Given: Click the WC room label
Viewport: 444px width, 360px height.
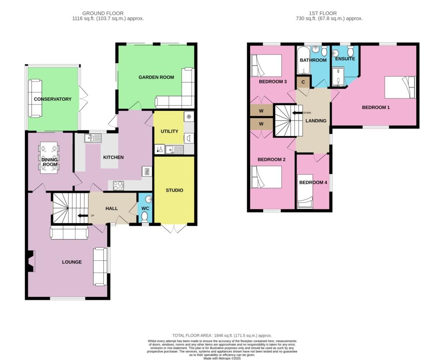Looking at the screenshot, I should point(145,208).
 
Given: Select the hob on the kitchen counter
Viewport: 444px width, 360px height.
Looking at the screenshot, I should point(118,185).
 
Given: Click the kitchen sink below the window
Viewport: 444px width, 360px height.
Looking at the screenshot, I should point(93,138).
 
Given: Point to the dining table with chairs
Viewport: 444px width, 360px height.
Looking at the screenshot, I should point(49,158).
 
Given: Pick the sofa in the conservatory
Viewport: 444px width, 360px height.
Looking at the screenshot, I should point(34,98).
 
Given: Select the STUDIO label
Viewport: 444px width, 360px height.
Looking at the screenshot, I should point(174,190).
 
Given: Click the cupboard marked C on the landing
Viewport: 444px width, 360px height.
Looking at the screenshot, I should point(303,81).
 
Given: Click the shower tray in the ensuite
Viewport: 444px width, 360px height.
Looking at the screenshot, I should point(340,77).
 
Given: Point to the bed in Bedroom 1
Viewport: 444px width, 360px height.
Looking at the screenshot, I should point(400,87).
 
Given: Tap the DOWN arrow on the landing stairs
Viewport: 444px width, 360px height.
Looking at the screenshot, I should point(297,113).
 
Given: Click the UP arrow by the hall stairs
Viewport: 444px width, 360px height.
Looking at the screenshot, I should point(82,215).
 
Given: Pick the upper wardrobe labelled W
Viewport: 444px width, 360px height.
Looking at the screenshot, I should point(261,110).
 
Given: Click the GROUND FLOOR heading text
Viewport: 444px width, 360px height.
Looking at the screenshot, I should point(108,13).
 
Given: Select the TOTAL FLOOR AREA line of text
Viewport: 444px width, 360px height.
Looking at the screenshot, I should point(222,335).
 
